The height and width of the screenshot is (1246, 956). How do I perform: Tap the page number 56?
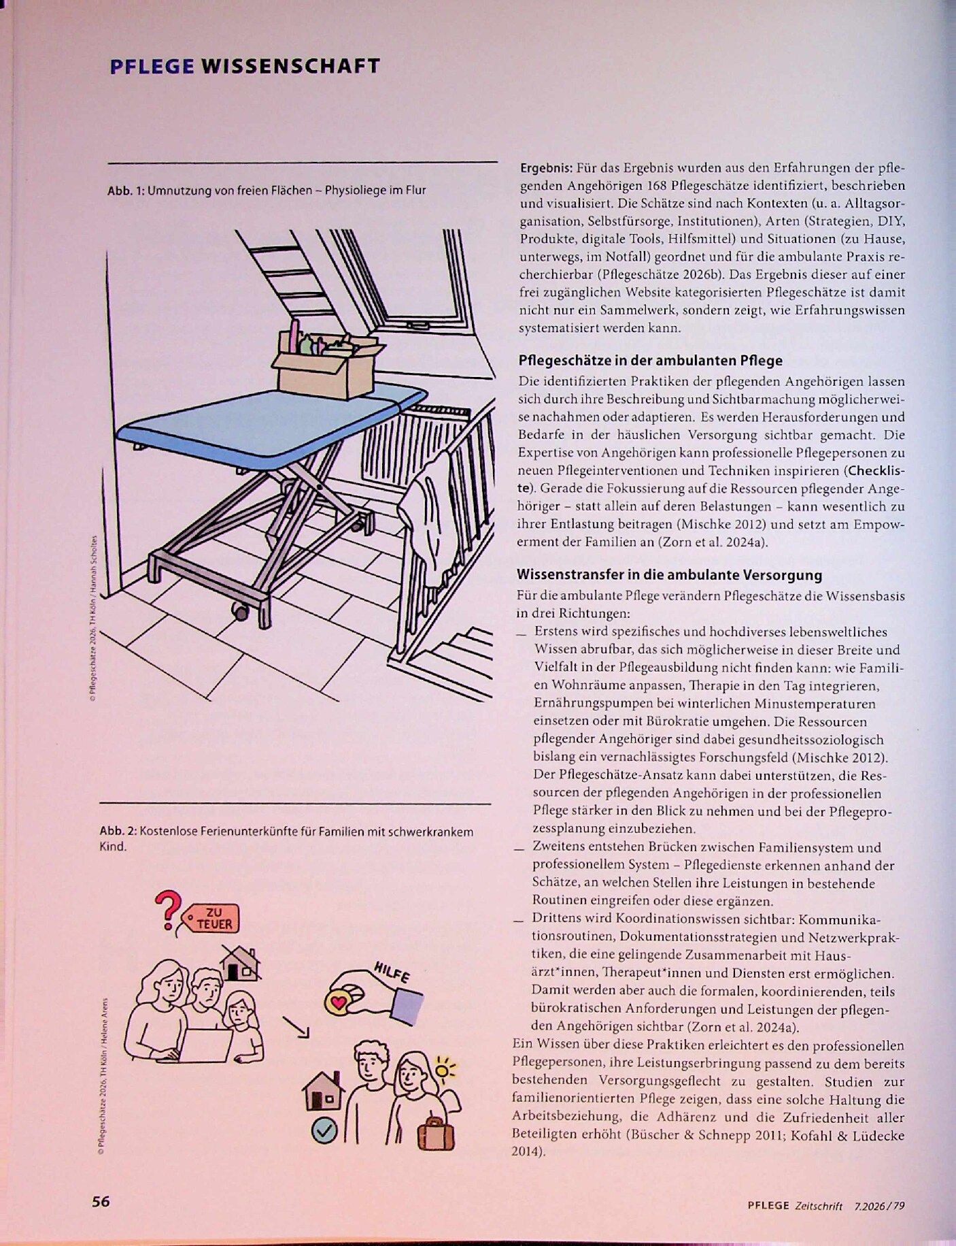[x=101, y=1201]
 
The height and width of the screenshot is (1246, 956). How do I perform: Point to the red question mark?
[x=166, y=911]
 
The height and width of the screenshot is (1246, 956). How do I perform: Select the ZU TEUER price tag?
[x=209, y=918]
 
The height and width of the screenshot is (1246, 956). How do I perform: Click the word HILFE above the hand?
[x=392, y=972]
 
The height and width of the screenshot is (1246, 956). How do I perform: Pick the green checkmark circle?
[x=324, y=1131]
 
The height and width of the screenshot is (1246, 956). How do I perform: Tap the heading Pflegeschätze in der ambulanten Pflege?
[x=650, y=361]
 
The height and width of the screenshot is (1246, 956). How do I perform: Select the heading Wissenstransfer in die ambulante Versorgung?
[x=670, y=575]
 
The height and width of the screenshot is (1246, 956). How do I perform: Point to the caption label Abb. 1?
[x=126, y=191]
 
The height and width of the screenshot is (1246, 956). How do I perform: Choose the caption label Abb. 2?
[x=118, y=832]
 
